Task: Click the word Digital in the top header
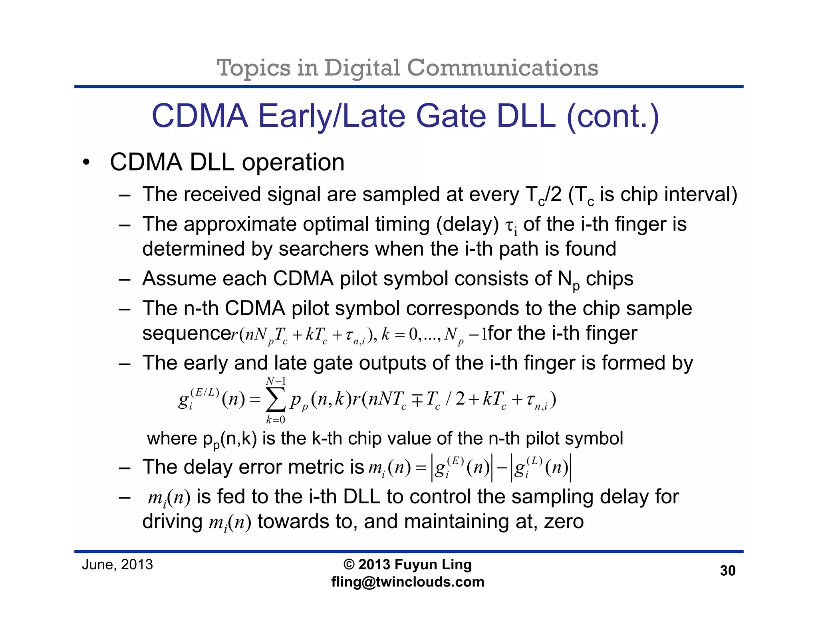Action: [361, 68]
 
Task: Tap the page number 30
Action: [727, 570]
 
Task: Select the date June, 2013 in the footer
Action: [117, 564]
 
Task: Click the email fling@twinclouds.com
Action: [407, 582]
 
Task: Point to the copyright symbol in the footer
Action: [349, 564]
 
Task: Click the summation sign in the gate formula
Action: [276, 399]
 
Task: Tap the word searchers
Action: [324, 249]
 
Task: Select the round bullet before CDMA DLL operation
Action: [85, 163]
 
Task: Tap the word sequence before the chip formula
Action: [187, 333]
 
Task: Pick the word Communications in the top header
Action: [502, 68]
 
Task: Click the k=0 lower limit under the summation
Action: [276, 419]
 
